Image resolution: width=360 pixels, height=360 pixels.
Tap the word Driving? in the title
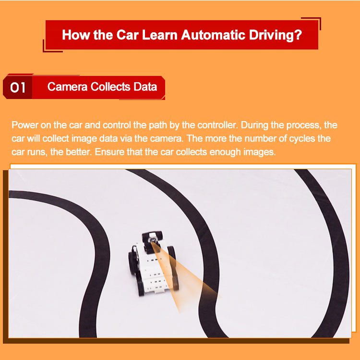click(x=276, y=35)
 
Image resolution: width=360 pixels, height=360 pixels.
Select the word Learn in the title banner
click(x=160, y=35)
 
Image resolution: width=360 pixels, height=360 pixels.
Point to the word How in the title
click(x=76, y=35)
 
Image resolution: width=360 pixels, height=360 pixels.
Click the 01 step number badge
click(x=17, y=87)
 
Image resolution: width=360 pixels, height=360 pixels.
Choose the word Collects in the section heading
click(x=110, y=87)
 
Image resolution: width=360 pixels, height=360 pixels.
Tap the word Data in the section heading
click(x=145, y=87)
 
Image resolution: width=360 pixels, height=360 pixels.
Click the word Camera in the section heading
click(x=68, y=87)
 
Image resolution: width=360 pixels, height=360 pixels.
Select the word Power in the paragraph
click(x=25, y=125)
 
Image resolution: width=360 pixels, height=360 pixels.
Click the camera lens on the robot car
click(x=152, y=240)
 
